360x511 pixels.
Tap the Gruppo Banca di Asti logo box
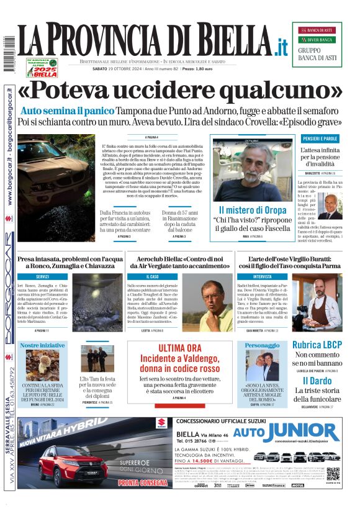point(317,45)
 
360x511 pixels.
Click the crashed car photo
point(57,184)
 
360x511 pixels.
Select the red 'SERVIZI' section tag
point(42,276)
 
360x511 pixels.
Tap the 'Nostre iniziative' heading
point(42,345)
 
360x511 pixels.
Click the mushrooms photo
point(42,366)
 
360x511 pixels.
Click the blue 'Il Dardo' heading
point(317,381)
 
